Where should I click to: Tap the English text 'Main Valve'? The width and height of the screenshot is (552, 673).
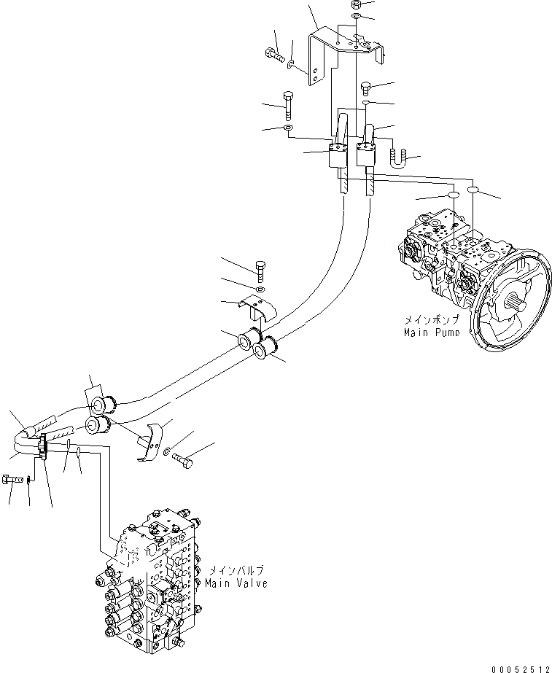236,583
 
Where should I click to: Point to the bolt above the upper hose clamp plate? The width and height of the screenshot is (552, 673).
262,271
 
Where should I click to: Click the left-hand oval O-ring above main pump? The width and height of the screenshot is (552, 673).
452,196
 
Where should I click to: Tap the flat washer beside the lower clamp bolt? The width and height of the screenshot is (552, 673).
168,452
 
